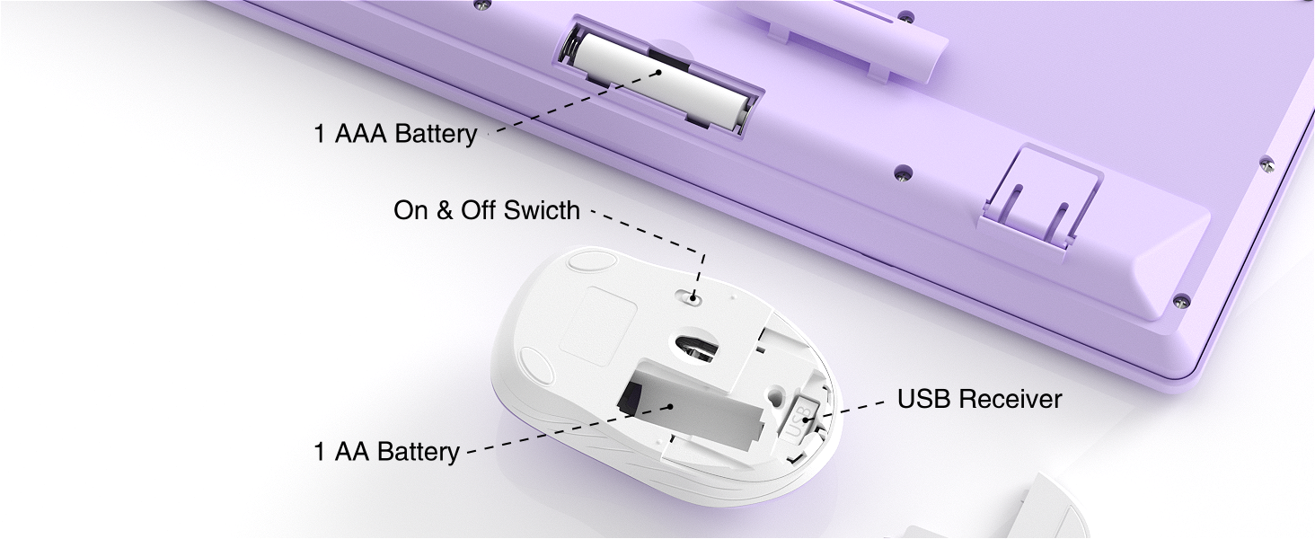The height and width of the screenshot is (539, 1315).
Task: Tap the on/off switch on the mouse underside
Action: pos(693,294)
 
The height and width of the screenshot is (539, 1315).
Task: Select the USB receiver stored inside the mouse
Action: pos(800,416)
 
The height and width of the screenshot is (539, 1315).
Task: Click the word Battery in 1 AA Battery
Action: pos(418,451)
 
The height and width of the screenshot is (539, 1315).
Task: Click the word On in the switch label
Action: pos(410,211)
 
